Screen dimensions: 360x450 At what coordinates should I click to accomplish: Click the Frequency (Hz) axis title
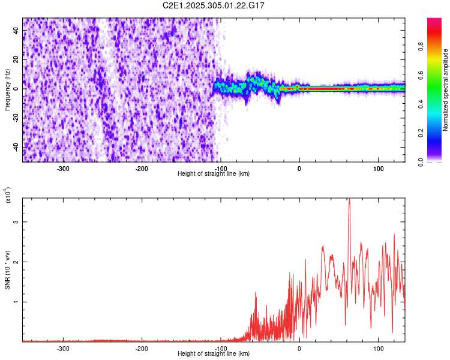pos(7,89)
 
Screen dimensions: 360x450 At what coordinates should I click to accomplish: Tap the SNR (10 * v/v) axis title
pos(7,269)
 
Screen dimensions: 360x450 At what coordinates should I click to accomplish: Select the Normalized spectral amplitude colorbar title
pos(446,90)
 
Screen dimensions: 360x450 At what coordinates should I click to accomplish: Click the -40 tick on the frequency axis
pos(14,147)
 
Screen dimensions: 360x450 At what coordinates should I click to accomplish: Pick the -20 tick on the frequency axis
pos(14,118)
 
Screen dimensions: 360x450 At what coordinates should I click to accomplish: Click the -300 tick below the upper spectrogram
pos(63,169)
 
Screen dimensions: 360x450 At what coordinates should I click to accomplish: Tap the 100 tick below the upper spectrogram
pos(378,169)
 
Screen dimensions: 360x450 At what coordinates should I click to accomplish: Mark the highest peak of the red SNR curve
pos(349,199)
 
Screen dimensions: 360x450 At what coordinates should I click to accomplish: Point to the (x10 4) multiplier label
pos(9,195)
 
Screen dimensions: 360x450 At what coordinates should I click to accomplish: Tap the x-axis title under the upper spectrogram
pos(214,174)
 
